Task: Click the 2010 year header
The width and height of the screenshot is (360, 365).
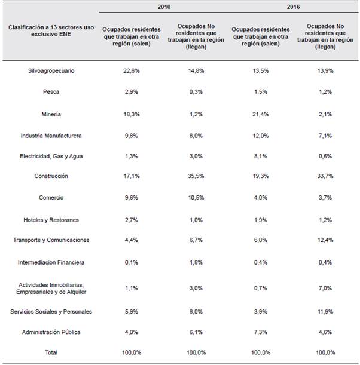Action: (164, 8)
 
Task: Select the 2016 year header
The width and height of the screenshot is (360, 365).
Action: (293, 8)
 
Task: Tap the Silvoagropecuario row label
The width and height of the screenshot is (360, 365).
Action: (51, 71)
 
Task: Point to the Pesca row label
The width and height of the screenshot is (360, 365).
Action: (51, 93)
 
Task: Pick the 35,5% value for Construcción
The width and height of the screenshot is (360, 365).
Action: (196, 176)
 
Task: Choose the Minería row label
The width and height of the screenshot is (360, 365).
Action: (51, 114)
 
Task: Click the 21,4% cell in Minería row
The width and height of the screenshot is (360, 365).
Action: (261, 114)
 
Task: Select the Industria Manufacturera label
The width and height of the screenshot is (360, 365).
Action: (51, 136)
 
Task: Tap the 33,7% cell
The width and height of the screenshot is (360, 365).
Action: (325, 176)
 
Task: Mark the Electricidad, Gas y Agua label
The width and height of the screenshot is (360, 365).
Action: (51, 156)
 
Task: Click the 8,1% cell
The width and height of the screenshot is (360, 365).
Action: (261, 156)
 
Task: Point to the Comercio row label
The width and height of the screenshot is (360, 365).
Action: (51, 198)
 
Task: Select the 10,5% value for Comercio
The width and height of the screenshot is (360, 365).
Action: (196, 198)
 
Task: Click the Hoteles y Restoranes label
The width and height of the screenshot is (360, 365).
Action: (51, 220)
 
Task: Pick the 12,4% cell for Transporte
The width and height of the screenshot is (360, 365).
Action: (325, 240)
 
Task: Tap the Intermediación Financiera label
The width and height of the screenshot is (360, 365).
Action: (51, 262)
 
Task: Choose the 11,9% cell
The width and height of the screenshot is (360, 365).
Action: (325, 311)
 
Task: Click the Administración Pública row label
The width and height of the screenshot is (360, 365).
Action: (51, 332)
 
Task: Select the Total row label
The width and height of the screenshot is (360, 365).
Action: (51, 352)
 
